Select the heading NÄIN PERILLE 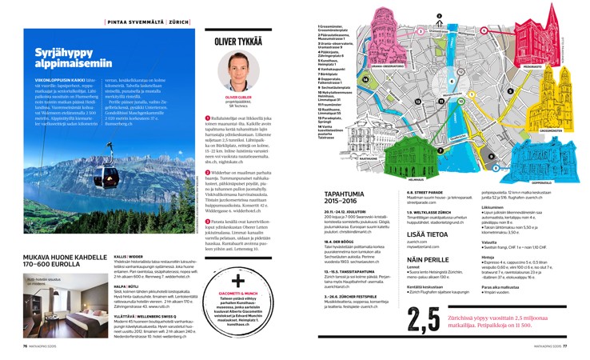coord(429,261)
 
